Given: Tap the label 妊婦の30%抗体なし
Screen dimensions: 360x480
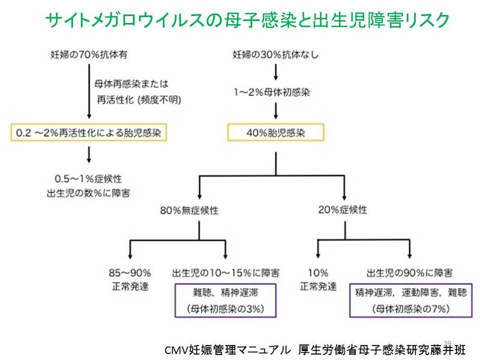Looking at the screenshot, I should click(275, 56).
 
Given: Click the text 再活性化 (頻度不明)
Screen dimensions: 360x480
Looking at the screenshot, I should click(137, 98).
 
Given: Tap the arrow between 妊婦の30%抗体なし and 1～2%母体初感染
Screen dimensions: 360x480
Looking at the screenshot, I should click(275, 73).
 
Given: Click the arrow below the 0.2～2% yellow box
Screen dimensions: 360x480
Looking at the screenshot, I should click(89, 154).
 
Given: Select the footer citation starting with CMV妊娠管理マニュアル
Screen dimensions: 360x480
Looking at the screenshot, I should click(314, 349).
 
